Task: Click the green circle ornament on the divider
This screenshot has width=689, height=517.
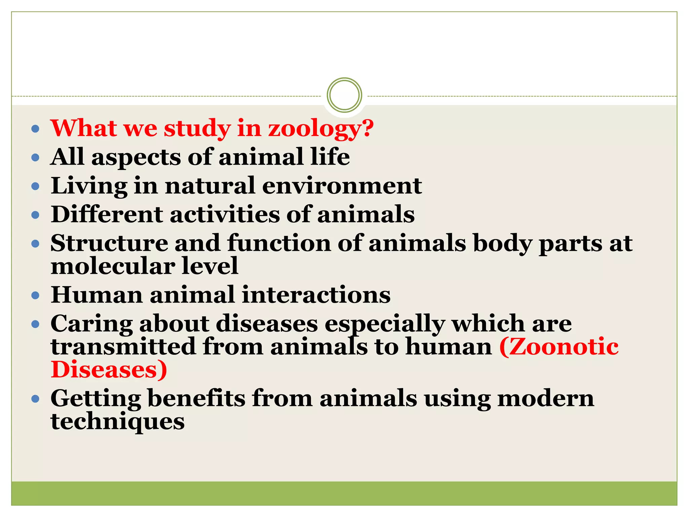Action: click(344, 95)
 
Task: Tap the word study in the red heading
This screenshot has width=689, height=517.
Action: click(197, 129)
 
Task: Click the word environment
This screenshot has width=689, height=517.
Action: click(342, 186)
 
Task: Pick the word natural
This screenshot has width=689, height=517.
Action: click(210, 186)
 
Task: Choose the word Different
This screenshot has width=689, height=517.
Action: click(107, 214)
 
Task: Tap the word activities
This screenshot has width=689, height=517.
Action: click(225, 214)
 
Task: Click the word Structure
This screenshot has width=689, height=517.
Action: click(109, 243)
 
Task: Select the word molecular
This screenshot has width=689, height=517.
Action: click(112, 266)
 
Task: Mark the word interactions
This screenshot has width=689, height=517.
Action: click(316, 295)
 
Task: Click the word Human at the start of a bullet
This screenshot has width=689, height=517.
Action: click(97, 295)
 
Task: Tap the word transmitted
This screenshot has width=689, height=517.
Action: click(123, 347)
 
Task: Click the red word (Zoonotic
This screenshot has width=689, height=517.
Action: click(559, 347)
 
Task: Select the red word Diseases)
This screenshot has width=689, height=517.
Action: click(109, 370)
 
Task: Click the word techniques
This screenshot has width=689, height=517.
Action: click(117, 422)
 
